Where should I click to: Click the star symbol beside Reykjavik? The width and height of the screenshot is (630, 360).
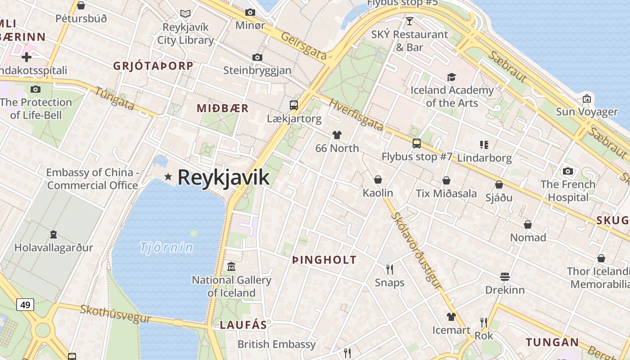coord(168,177)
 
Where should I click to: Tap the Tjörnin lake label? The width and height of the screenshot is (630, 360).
coord(166,247)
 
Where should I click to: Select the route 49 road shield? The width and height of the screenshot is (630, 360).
coord(25,305)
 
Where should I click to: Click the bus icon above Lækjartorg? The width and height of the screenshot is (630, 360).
coord(294,105)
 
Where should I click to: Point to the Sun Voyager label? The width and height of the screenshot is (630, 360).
coord(587,112)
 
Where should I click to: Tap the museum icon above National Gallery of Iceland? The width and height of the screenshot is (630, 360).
coord(231,267)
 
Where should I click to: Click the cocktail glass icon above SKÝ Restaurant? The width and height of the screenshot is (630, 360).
coord(409,21)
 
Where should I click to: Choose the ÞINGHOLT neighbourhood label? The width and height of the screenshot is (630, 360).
coord(324,260)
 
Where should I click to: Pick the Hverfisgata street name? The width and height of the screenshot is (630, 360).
coord(355,115)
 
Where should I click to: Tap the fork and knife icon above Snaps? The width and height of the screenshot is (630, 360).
coord(390,270)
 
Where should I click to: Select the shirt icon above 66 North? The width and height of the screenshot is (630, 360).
coord(337,135)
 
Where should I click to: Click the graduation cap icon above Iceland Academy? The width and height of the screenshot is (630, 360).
coord(451,77)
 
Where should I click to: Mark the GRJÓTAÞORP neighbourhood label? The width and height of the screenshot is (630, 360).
coord(153,66)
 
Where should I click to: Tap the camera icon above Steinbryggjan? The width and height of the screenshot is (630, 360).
coord(257,57)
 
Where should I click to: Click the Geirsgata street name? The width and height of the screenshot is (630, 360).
coord(304,45)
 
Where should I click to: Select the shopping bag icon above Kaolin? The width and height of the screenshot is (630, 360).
coord(378,180)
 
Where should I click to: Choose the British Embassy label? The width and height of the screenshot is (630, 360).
coord(277,344)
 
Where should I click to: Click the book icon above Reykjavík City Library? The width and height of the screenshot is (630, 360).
coord(185,14)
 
